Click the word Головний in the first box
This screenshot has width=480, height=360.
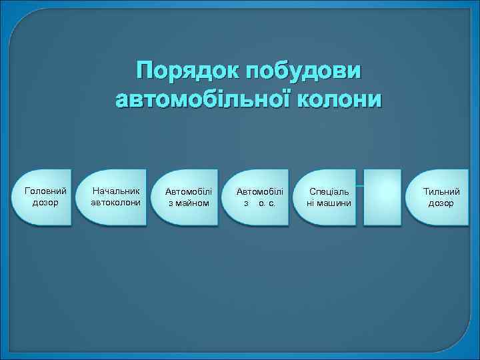coord(45,191)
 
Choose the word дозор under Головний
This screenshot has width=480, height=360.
coord(45,202)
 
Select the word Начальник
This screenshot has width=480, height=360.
coord(116,191)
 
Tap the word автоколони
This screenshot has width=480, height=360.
coord(116,202)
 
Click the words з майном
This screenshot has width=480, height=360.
coord(188,203)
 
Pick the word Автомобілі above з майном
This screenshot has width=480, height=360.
coord(188,192)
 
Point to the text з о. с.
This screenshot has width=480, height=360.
coord(259,203)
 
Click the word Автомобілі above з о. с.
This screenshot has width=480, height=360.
coord(259,192)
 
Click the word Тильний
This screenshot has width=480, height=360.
coord(441,192)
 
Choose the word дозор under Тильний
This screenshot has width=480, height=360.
coord(441,203)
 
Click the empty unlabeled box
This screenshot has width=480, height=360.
coord(383,197)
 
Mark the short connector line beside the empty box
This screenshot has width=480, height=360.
coord(360,185)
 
